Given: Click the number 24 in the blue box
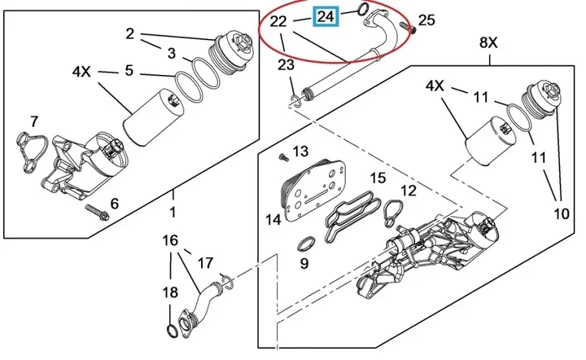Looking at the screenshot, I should (326, 15).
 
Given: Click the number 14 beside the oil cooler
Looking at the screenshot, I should (273, 218).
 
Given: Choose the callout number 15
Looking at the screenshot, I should (378, 178).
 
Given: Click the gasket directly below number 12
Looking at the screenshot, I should (391, 212).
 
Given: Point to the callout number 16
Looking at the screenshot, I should (169, 241).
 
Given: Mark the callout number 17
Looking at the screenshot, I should (206, 263).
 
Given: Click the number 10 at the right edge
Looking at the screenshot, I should (561, 214).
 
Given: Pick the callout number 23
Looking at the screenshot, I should (286, 65).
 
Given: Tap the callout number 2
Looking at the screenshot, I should (129, 33).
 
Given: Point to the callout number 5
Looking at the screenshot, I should (129, 71).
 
